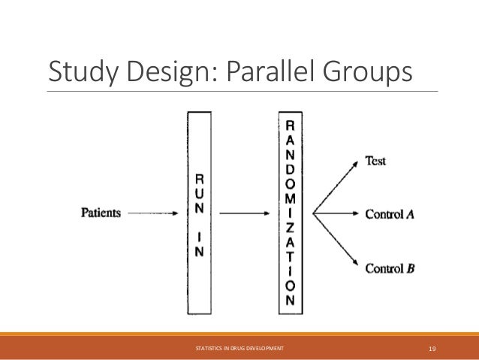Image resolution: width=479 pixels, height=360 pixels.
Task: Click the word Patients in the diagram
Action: tap(101, 213)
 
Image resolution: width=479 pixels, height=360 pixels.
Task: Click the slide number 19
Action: tap(432, 349)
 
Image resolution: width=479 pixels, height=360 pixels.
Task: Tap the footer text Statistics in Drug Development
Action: tap(239, 349)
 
